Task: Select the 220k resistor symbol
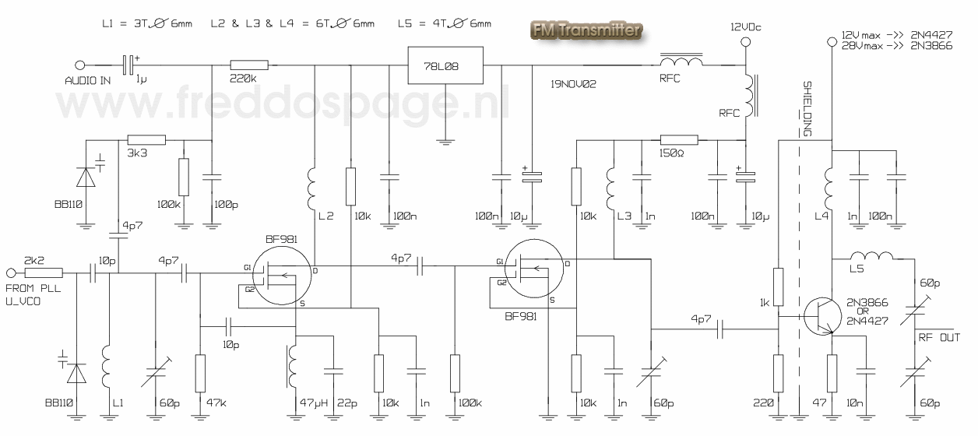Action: pos(249,65)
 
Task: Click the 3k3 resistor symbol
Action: pos(146,140)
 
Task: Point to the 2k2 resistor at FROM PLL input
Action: pos(44,272)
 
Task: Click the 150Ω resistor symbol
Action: pos(679,140)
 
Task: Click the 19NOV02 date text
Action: pos(573,83)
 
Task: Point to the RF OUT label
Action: pos(939,337)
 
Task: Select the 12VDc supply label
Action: pos(745,27)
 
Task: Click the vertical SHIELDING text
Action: pos(807,109)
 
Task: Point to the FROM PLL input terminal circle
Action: pos(11,272)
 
